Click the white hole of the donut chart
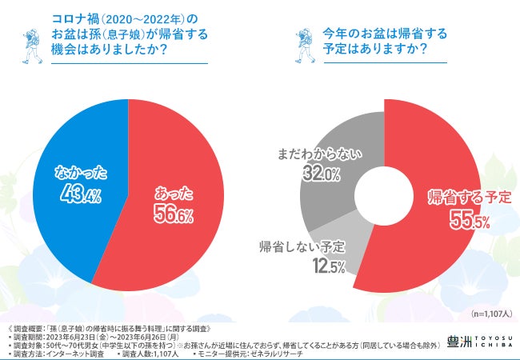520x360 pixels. pos(385,197)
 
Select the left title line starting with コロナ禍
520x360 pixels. pos(120,18)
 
